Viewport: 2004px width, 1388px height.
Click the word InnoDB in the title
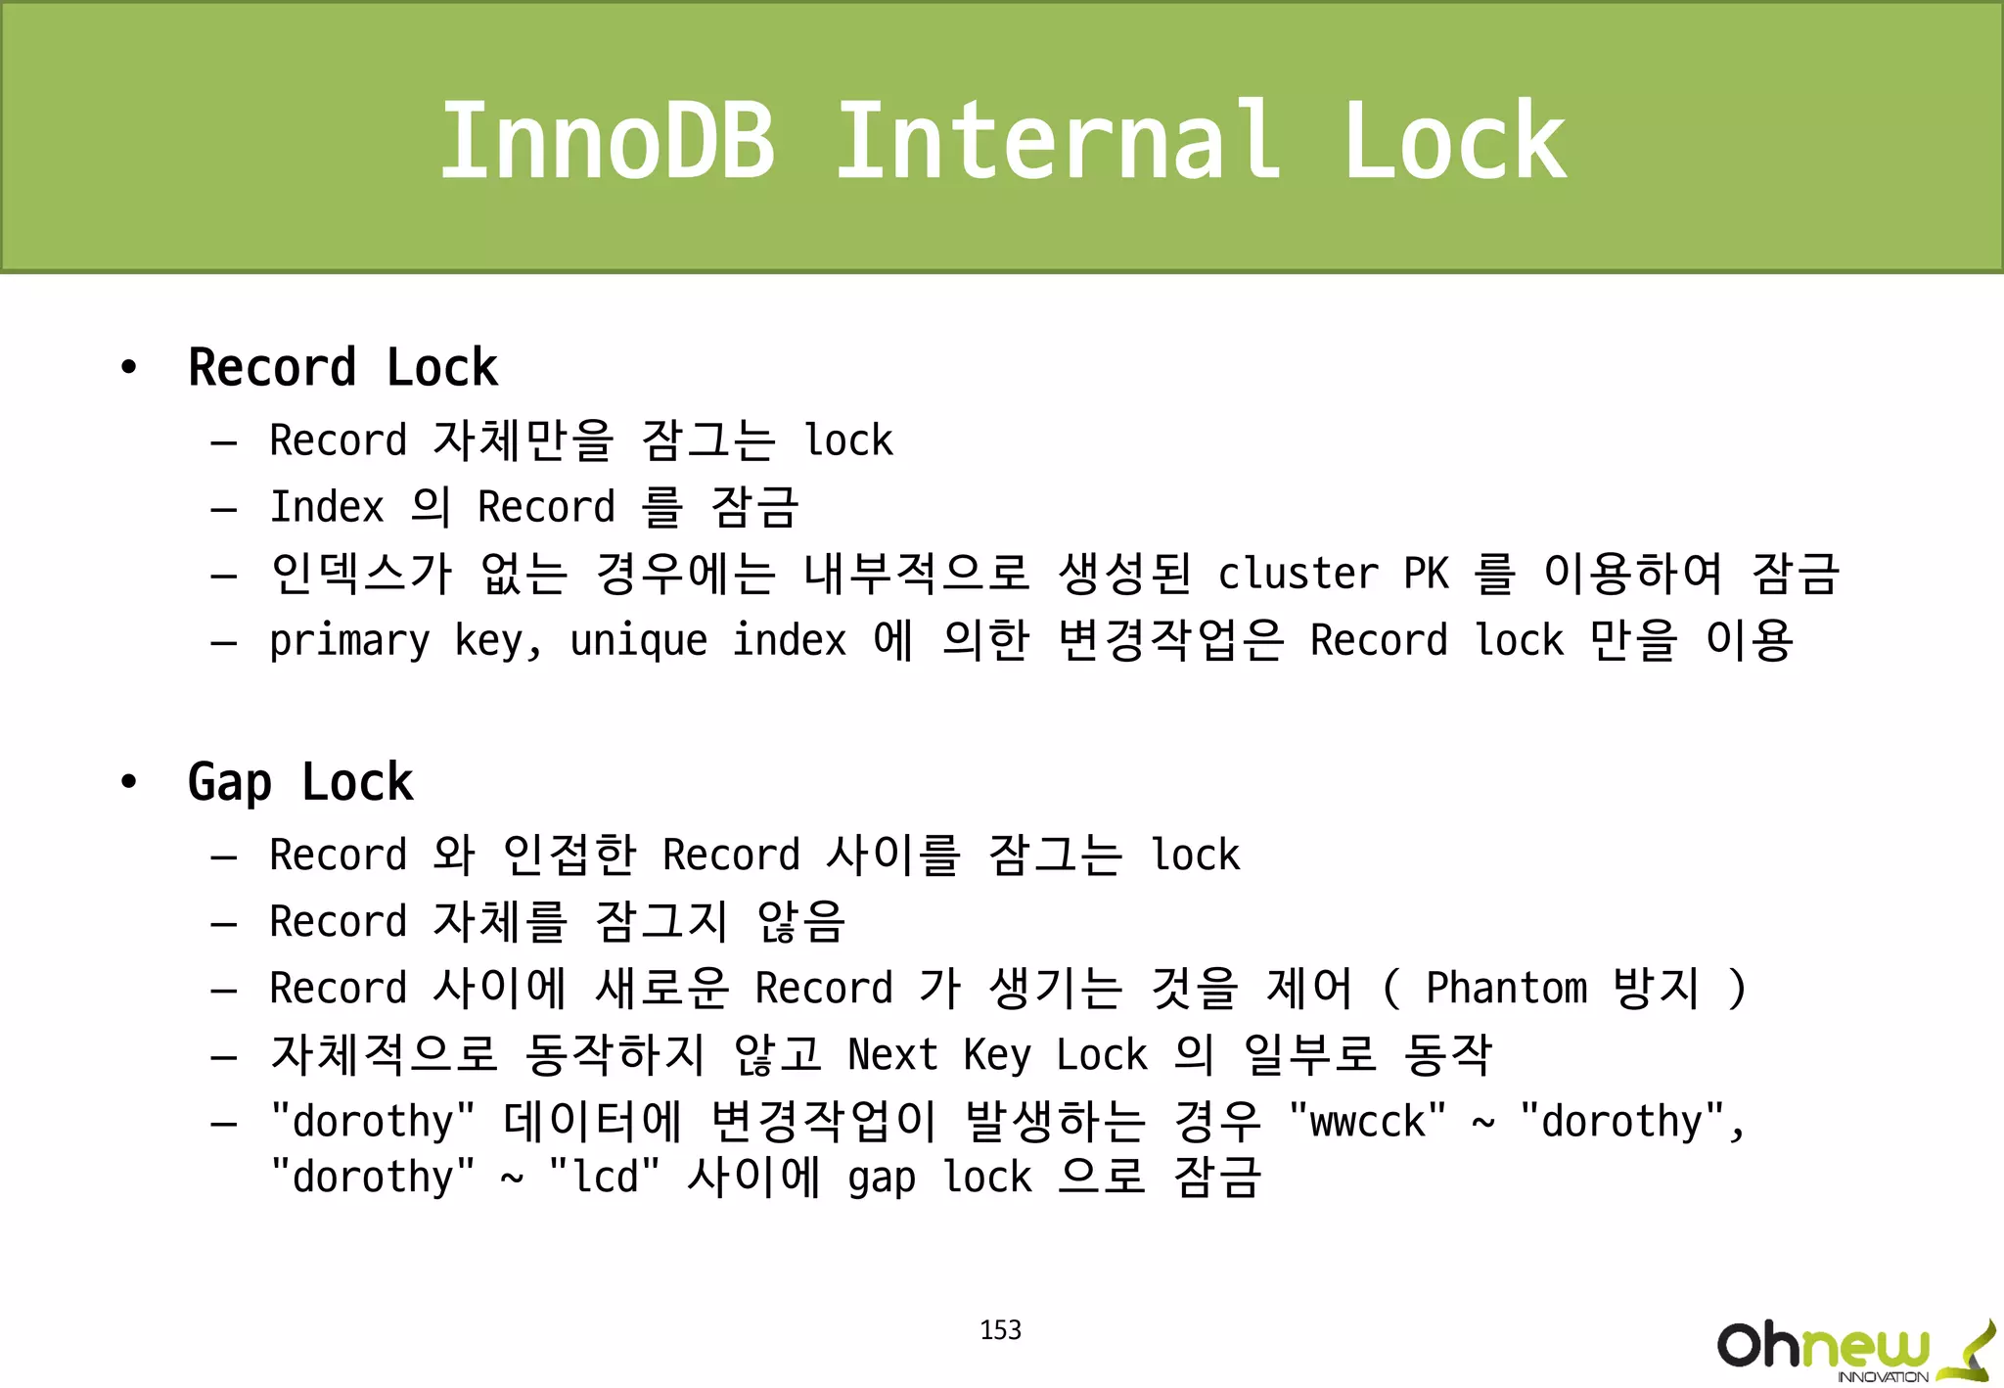[607, 142]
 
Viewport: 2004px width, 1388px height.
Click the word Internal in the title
[1057, 142]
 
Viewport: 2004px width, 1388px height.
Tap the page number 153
[1000, 1329]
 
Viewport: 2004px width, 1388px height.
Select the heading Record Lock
[342, 368]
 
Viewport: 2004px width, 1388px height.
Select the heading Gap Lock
[300, 782]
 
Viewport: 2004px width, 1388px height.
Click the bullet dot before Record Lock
[128, 369]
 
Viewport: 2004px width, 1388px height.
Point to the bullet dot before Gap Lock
[128, 783]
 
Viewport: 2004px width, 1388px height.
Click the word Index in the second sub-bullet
[327, 507]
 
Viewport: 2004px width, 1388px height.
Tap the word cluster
[1298, 574]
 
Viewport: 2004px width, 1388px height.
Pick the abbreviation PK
[1426, 574]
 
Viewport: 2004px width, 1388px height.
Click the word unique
[638, 641]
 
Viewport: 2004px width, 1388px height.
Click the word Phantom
[1506, 988]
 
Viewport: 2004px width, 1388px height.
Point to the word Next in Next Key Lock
[892, 1055]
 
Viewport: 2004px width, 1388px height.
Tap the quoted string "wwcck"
[1367, 1122]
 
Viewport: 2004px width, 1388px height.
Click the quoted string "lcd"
[604, 1178]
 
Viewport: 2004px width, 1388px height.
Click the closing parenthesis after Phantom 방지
[1737, 988]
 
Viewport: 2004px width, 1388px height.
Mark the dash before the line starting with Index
[224, 510]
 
